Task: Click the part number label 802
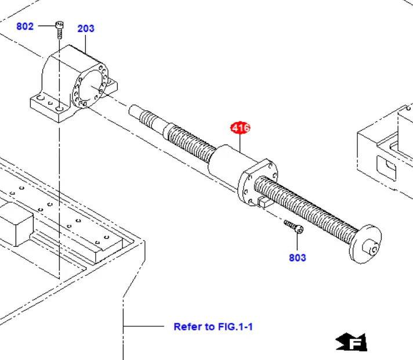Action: pyautogui.click(x=25, y=26)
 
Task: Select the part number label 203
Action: pyautogui.click(x=86, y=28)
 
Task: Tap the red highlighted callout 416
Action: pyautogui.click(x=240, y=128)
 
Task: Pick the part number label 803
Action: pyautogui.click(x=298, y=257)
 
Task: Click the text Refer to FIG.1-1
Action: pyautogui.click(x=213, y=326)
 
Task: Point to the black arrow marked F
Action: pyautogui.click(x=352, y=343)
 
